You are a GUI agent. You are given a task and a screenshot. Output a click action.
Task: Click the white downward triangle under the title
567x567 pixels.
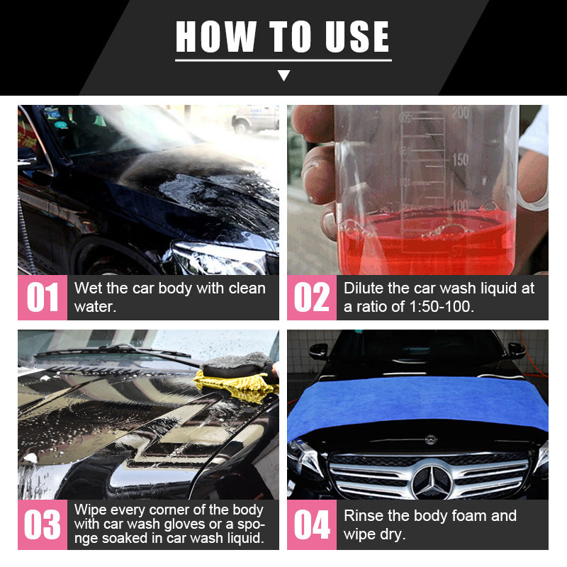coord(283,75)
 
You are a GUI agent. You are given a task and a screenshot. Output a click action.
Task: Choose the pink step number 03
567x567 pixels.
coord(43,525)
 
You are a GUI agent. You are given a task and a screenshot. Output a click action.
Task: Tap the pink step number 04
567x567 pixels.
coord(312,525)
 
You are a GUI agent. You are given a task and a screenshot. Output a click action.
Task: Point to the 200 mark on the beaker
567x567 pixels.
coord(461,113)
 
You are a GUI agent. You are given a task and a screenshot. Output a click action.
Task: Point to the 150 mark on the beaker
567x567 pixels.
coord(461,159)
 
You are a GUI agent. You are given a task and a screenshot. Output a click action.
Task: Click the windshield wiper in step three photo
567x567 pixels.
coord(113,352)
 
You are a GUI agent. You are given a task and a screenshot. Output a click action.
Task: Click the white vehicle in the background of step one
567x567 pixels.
coord(255,118)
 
